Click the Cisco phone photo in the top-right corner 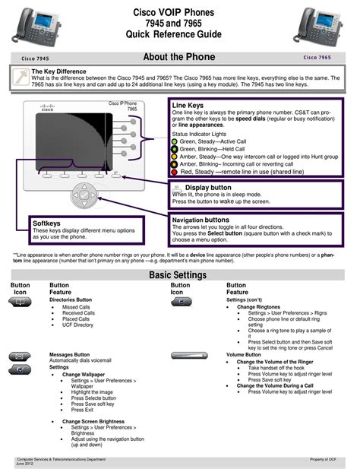tap(327, 24)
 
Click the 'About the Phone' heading tap(179, 57)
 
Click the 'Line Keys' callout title tap(188, 106)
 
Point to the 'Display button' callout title tap(208, 187)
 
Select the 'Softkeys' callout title tap(46, 223)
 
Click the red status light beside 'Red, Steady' tap(175, 172)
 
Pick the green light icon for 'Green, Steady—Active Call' tap(175, 141)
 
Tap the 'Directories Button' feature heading tap(71, 299)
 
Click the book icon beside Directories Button tap(21, 302)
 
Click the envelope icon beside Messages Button tap(21, 355)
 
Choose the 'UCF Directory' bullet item tap(77, 325)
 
